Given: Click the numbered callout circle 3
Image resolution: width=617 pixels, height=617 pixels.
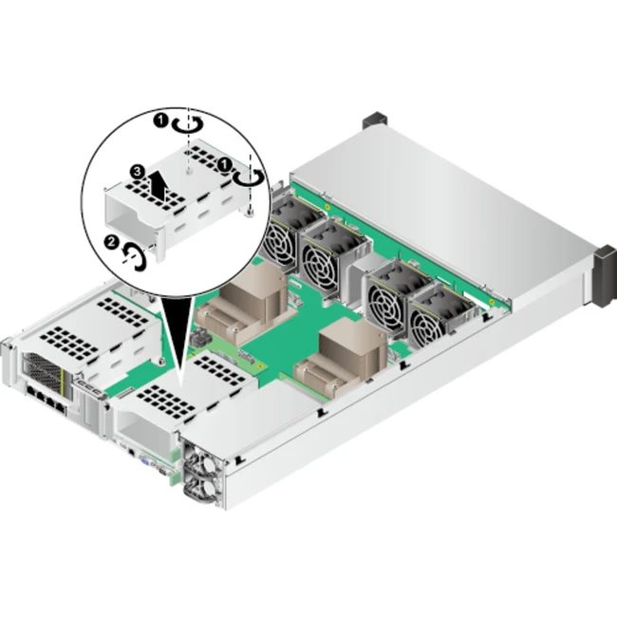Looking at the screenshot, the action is [x=137, y=172].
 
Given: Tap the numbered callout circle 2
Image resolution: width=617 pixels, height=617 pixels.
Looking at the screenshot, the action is [x=111, y=242].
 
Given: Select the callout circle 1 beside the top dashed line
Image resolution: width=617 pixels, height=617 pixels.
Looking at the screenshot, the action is [x=160, y=121].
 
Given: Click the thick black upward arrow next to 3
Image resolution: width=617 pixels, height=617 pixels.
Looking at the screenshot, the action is [x=159, y=185].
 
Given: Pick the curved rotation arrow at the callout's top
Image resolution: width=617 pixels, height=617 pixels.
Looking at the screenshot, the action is [x=188, y=124].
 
